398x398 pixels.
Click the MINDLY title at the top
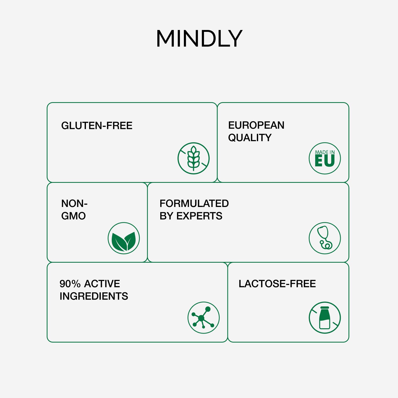199,38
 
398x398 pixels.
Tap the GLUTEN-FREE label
97,126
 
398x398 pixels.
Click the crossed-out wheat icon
193,158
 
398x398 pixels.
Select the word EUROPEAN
256,125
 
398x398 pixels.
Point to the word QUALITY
250,137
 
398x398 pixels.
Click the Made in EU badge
325,158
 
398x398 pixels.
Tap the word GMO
73,216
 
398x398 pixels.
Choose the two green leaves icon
124,238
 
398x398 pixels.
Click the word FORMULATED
194,204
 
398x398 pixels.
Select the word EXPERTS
200,216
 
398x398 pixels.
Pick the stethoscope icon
325,238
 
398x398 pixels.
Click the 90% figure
70,284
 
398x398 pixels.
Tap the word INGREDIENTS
94,296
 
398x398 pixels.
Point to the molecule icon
204,318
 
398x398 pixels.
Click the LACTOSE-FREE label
277,284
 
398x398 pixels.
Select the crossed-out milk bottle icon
325,318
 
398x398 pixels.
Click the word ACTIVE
102,284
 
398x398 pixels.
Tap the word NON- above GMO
74,204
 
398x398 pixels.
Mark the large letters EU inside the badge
325,161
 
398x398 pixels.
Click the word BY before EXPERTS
167,216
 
